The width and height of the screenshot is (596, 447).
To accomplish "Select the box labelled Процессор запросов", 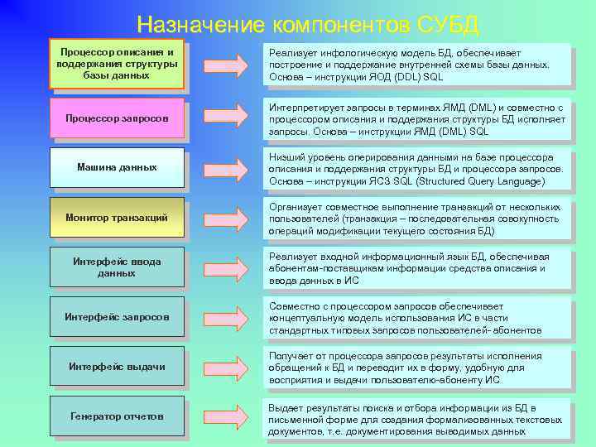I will point(117,118).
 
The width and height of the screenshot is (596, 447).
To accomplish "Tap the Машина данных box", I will point(117,167).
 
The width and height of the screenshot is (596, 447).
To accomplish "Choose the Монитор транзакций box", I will point(117,217).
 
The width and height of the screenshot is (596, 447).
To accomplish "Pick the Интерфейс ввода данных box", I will point(117,267).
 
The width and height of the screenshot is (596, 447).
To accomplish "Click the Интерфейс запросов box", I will point(117,316).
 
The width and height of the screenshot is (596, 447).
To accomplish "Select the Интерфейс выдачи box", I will point(117,366).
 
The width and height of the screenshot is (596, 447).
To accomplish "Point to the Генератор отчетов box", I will point(117,416).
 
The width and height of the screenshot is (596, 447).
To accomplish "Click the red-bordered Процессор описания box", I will point(117,64).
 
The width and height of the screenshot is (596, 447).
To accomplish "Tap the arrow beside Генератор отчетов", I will point(224,416).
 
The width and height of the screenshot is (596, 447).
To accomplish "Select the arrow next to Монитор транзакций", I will point(224,218).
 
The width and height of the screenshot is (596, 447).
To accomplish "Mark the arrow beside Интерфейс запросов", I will point(224,317).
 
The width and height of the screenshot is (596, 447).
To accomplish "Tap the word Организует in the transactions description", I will point(296,207).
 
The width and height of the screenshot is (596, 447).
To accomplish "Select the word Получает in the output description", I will point(292,356).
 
